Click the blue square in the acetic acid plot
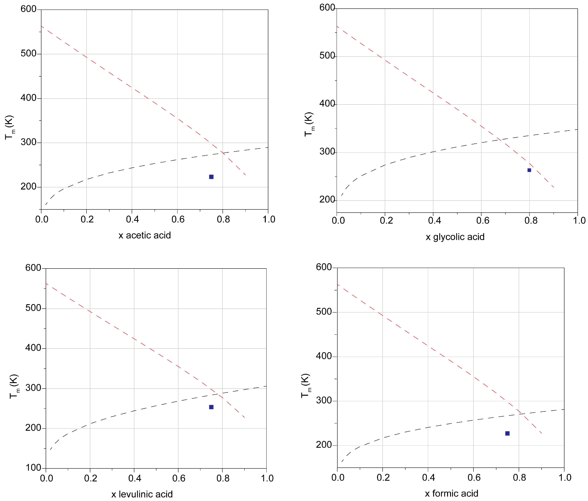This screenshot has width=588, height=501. (x=211, y=177)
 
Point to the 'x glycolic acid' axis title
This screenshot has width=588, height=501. (x=455, y=237)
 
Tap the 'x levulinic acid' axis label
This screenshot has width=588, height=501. (x=142, y=494)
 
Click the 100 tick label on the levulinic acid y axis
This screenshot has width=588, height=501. (x=33, y=468)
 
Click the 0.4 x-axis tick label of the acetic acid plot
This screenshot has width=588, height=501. (x=132, y=219)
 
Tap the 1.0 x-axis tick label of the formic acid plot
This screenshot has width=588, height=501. (x=565, y=477)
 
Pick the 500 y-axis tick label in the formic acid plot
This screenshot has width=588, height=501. (x=324, y=312)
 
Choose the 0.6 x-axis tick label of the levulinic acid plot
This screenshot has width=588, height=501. (x=179, y=478)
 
